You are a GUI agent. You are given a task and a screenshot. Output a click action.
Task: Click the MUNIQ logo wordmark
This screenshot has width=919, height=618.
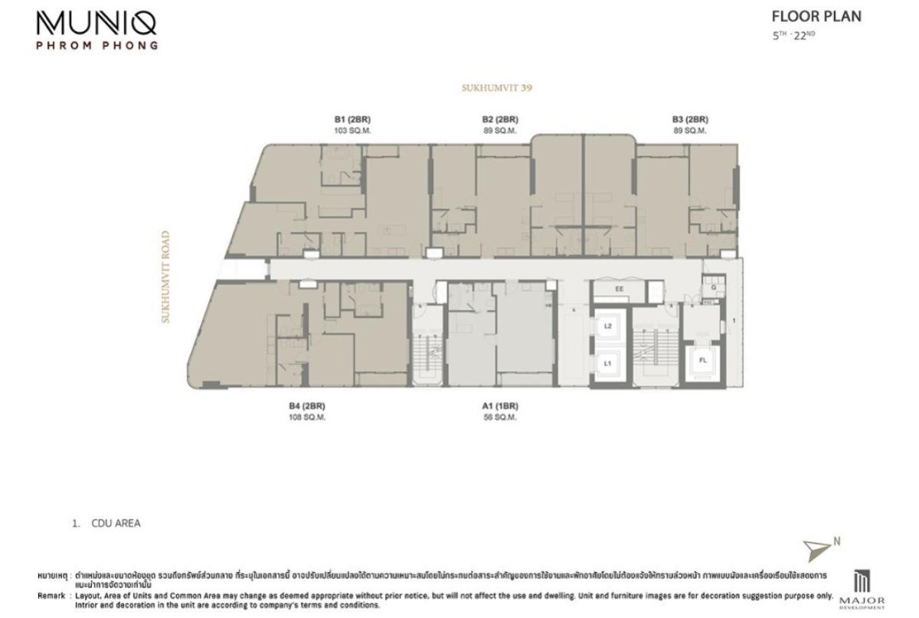click(x=96, y=23)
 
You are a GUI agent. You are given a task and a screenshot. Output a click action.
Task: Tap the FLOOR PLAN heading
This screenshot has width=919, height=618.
click(x=816, y=17)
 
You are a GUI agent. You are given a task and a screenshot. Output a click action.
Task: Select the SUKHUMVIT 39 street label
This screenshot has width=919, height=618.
click(x=496, y=88)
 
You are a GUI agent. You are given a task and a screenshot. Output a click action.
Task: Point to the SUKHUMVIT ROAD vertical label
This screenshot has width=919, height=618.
click(x=165, y=277)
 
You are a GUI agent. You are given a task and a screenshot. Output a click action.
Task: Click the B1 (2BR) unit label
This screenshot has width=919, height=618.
click(x=352, y=119)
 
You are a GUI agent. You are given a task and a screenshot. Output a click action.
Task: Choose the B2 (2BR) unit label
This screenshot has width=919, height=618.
click(x=500, y=119)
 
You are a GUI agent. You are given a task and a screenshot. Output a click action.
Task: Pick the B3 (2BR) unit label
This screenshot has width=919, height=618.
click(x=689, y=119)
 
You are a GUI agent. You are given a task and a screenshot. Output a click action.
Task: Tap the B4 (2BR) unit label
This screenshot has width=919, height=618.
click(x=297, y=406)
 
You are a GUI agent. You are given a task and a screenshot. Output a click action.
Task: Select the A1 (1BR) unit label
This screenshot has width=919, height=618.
click(x=500, y=406)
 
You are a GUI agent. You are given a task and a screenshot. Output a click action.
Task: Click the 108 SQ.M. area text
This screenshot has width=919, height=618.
click(x=297, y=417)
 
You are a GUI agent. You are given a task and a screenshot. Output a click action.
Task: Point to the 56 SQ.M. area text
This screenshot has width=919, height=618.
click(x=500, y=417)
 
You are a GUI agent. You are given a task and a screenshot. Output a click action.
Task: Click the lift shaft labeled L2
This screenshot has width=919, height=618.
click(x=607, y=326)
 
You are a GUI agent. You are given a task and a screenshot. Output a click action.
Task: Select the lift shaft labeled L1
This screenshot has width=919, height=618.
click(x=607, y=364)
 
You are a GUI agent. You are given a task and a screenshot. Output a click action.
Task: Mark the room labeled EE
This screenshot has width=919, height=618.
click(x=619, y=289)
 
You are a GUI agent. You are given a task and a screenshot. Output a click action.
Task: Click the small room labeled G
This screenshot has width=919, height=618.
click(x=712, y=288)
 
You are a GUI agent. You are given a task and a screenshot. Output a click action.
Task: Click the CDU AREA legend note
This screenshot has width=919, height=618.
click(x=115, y=524)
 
